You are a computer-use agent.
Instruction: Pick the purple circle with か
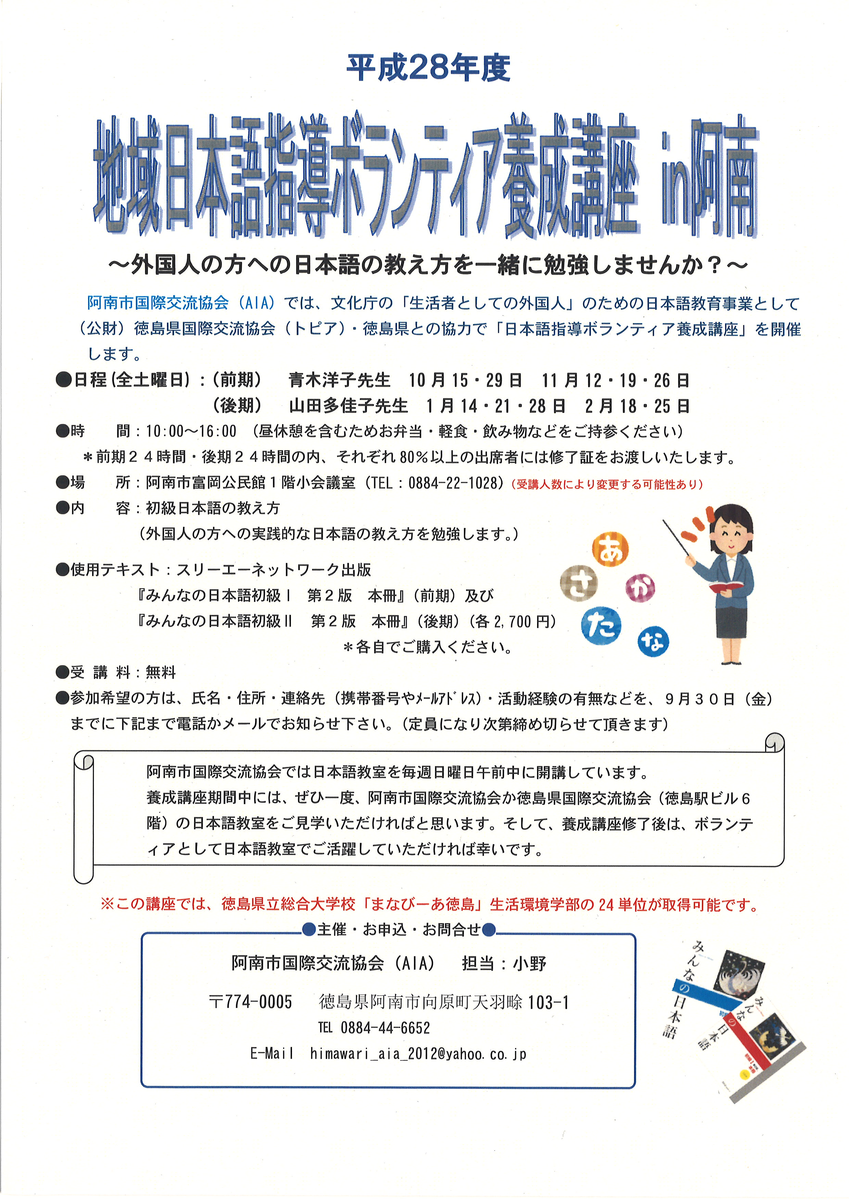[x=641, y=589]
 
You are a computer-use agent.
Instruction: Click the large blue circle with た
[x=601, y=625]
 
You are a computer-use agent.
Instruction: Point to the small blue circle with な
[x=653, y=642]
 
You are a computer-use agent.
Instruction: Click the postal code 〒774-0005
[x=250, y=1002]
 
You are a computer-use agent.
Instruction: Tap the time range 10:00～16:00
[x=191, y=432]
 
